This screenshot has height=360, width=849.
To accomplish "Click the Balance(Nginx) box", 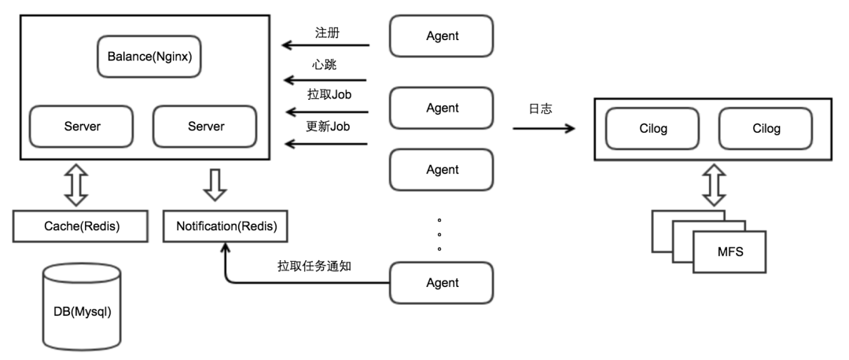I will tap(149, 57).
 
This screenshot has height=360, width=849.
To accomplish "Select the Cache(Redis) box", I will tap(71, 227).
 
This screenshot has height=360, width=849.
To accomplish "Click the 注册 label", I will tap(327, 33).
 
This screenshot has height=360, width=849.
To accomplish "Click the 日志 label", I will tap(540, 108).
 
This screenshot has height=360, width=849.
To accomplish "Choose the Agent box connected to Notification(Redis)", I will tap(441, 281).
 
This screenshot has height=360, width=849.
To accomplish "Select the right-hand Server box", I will tap(204, 126).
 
